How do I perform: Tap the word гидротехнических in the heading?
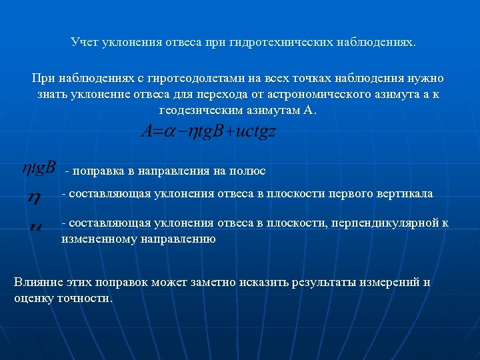272,43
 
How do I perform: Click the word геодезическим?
197,111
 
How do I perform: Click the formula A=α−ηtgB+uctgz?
209,131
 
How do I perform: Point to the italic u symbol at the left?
35,225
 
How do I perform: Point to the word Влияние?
37,282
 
